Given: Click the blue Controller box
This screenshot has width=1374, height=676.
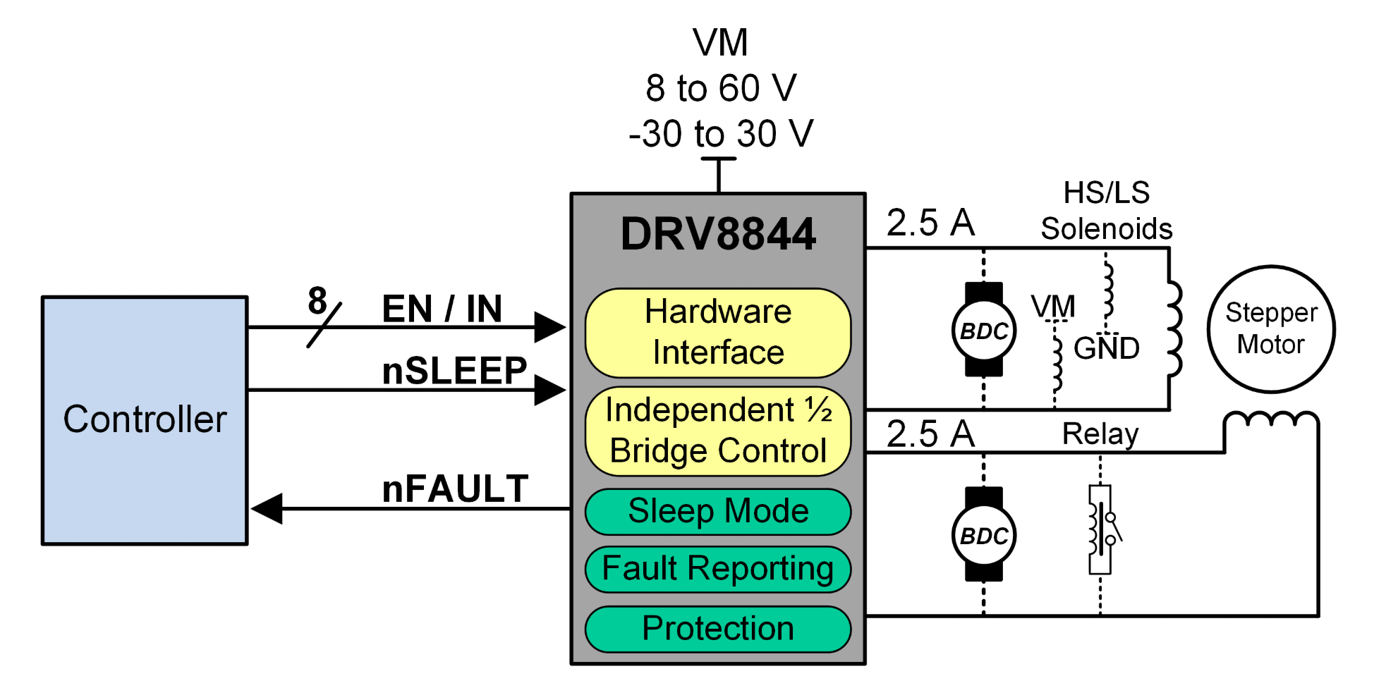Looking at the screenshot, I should [x=145, y=420].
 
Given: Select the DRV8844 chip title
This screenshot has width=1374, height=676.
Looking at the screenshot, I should [x=718, y=234].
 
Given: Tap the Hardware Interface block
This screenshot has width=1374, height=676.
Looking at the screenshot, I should [x=718, y=333].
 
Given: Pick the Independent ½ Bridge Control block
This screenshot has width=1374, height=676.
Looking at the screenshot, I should [x=718, y=431].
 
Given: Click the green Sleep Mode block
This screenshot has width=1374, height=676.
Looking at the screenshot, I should [x=718, y=512].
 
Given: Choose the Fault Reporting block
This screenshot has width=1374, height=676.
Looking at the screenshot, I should [x=718, y=569].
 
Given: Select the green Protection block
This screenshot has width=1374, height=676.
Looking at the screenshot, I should [x=718, y=629].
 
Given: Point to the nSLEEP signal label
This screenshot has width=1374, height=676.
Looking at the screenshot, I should [x=454, y=371].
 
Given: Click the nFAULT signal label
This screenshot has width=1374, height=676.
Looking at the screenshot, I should [x=455, y=489].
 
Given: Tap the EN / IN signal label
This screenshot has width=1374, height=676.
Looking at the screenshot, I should [x=442, y=309].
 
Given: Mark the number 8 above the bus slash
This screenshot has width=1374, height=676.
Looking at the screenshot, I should [x=317, y=301].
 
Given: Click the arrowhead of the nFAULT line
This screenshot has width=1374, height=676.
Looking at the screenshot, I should [x=267, y=508].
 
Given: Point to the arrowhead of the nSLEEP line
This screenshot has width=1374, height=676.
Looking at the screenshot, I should [x=549, y=390].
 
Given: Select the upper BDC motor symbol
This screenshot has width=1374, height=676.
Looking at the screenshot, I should [x=984, y=330].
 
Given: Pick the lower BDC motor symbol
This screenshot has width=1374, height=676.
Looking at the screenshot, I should [x=984, y=535].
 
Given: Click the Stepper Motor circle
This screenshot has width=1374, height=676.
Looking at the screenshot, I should [x=1271, y=329].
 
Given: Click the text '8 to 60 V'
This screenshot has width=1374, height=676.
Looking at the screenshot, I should [x=721, y=89].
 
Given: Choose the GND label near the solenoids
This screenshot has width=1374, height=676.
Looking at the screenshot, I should [x=1106, y=348].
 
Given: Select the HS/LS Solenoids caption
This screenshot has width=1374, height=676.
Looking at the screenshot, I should [x=1106, y=211].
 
